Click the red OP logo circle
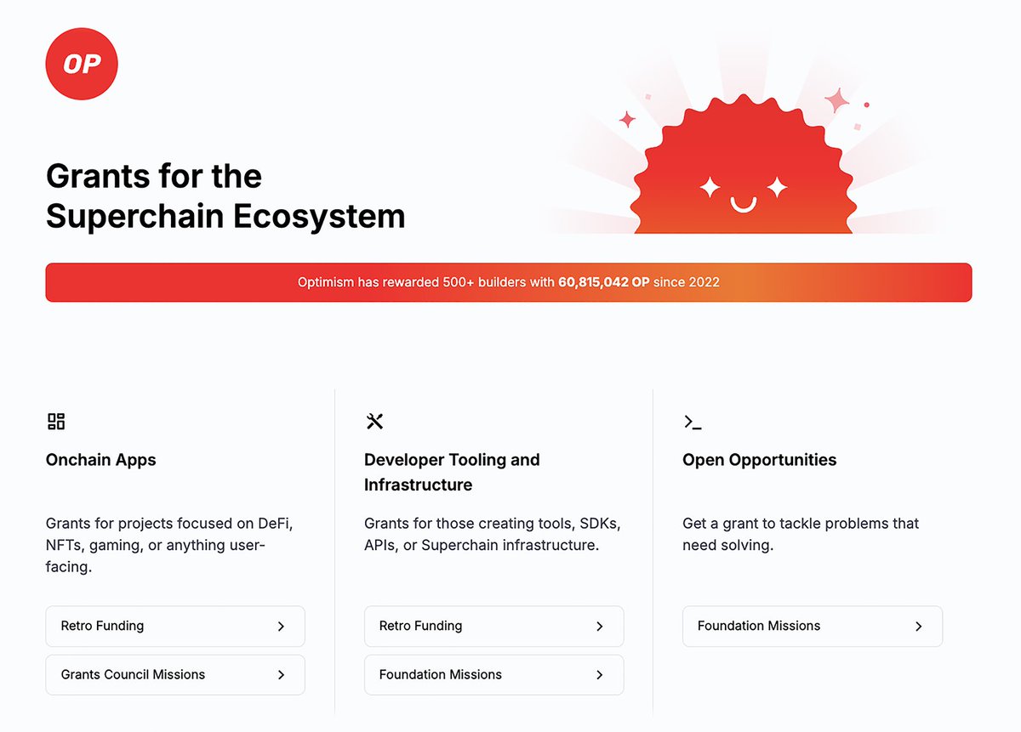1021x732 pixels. [82, 65]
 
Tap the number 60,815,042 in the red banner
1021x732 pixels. [593, 282]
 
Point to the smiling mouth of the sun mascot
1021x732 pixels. [744, 205]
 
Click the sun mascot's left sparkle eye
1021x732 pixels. [710, 187]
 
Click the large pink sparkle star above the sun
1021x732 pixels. [836, 101]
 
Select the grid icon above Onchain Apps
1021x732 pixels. [56, 422]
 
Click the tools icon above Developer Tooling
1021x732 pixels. [374, 422]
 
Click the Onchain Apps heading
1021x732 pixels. [101, 460]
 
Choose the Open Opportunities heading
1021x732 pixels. [759, 460]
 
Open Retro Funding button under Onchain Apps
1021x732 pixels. [174, 627]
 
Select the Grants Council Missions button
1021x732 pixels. [174, 675]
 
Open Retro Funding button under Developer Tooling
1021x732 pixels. [493, 627]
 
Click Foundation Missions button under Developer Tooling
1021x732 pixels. [493, 675]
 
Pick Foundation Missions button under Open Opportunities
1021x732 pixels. [812, 627]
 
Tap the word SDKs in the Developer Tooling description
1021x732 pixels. [597, 523]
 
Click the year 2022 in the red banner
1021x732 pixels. [704, 282]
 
